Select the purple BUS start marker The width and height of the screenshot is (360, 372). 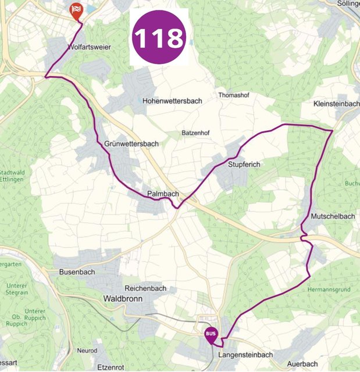[x=211, y=335]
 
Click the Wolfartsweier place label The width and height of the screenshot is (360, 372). [x=90, y=46]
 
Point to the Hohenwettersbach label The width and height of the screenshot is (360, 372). [x=172, y=101]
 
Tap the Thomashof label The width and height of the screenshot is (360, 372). [x=233, y=95]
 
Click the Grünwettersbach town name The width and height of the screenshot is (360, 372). [x=131, y=144]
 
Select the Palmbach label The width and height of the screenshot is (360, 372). [x=163, y=194]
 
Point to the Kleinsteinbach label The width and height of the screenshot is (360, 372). [x=336, y=103]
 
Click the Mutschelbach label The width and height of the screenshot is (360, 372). [x=333, y=216]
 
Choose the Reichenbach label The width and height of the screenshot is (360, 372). [x=145, y=288]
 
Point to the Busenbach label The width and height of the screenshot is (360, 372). [x=77, y=271]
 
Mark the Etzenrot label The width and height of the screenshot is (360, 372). [x=112, y=368]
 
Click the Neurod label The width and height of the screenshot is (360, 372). [x=87, y=351]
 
